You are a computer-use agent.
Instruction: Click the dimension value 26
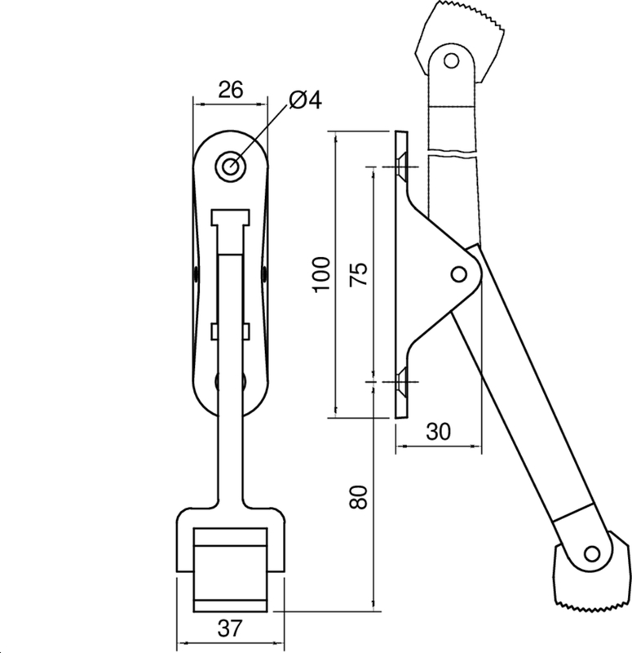231,90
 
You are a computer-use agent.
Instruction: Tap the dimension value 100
321,274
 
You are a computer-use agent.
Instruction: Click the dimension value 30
438,433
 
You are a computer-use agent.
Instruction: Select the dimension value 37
230,628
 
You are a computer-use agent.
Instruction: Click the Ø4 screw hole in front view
231,166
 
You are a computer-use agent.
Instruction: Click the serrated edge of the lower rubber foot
587,606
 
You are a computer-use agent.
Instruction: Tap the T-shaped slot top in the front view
230,217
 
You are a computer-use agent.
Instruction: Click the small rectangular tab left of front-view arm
214,330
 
